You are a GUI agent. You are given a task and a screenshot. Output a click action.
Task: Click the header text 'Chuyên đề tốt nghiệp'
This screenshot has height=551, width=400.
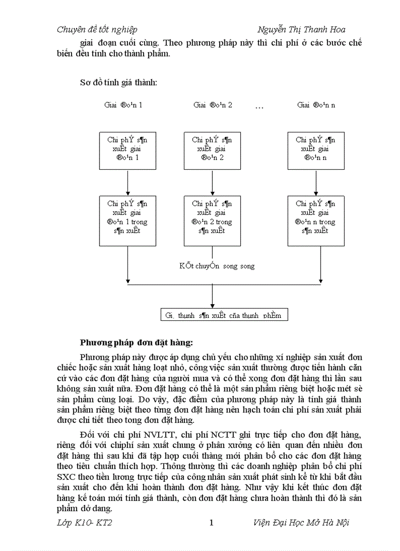[97, 29]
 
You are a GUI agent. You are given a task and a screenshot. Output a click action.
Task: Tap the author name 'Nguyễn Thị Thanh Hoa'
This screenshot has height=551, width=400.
[301, 29]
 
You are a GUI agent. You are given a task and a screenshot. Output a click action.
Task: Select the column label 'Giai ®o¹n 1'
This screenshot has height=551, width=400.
[124, 105]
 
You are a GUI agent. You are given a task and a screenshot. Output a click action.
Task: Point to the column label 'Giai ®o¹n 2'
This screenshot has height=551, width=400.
[213, 105]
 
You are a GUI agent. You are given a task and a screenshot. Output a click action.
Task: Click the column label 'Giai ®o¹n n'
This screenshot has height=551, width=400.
[316, 105]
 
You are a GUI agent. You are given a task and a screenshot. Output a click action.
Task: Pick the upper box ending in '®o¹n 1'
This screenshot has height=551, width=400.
[127, 150]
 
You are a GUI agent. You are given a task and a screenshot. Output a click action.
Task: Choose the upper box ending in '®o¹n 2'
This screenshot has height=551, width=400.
[212, 150]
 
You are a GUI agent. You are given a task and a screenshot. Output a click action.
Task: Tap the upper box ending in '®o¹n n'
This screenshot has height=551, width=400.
[316, 150]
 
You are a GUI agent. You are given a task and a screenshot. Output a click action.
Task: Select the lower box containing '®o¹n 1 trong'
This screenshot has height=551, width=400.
[127, 221]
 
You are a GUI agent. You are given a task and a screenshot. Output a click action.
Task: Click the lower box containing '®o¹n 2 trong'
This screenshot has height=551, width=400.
[212, 221]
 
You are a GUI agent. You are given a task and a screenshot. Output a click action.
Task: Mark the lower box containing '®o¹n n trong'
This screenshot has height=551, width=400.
[316, 221]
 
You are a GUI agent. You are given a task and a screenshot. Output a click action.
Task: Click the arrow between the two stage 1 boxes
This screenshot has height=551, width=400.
[127, 183]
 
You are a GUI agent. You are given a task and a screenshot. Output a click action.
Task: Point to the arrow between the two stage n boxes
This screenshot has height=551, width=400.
[316, 183]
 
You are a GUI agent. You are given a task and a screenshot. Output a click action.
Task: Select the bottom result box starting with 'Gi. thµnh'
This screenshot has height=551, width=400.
[224, 315]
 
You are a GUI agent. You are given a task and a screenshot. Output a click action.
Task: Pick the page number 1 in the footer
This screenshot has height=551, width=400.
[211, 523]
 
